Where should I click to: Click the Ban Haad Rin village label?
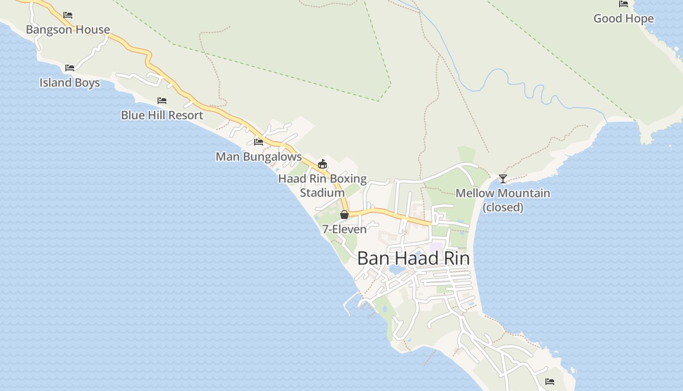(x=413, y=258)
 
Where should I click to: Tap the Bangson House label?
(x=68, y=29)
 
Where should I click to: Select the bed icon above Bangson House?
(x=68, y=15)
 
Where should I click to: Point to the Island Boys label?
(x=70, y=82)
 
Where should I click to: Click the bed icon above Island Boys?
(x=70, y=67)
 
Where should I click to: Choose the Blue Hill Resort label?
(x=162, y=115)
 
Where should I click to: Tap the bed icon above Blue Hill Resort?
(x=162, y=101)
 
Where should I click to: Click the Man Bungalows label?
(x=259, y=156)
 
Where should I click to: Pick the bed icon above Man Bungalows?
(x=259, y=142)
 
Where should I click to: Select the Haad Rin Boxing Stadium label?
(x=322, y=185)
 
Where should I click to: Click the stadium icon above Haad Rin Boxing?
(x=322, y=164)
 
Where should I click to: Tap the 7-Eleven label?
(x=344, y=229)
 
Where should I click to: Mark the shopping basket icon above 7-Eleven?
(x=344, y=215)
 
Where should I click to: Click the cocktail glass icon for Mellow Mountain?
(x=503, y=179)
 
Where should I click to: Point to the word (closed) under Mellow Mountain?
(x=503, y=207)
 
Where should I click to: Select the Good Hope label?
(x=623, y=19)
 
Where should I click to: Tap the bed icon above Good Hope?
(x=623, y=4)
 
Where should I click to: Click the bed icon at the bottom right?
(x=550, y=381)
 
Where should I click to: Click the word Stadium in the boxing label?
(x=322, y=193)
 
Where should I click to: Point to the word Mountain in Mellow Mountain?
(x=523, y=193)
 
